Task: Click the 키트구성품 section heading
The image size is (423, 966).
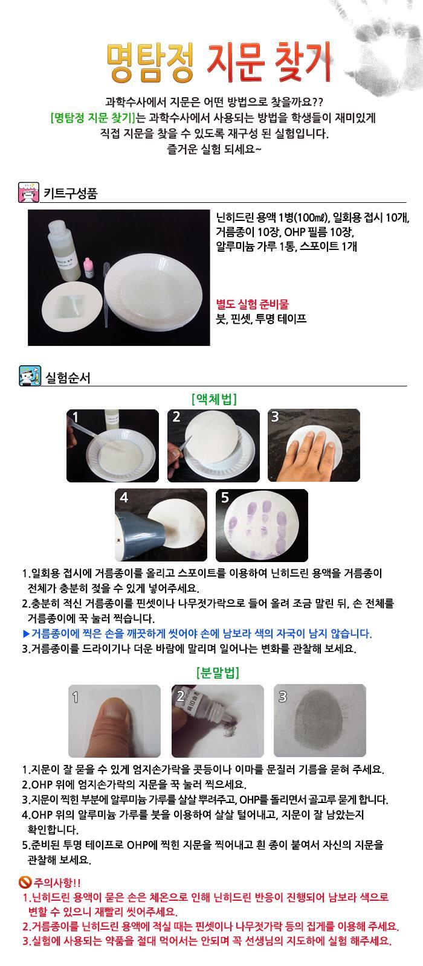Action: pos(70,193)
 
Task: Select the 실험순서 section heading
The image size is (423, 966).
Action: pos(68,378)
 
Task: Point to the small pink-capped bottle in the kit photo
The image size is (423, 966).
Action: pos(88,267)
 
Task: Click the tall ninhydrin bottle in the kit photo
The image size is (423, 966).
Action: pos(64,250)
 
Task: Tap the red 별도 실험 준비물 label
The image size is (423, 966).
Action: pos(252,304)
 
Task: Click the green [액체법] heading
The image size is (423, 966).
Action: pos(214,399)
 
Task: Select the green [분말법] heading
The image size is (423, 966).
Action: pos(218,673)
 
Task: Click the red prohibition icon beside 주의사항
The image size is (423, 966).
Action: pos(25,882)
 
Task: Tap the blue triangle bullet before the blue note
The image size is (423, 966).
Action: pos(26,633)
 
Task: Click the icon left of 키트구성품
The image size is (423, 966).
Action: pos(29,193)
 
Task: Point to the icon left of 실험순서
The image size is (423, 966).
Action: pos(30,376)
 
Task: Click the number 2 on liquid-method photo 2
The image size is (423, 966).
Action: pos(176,417)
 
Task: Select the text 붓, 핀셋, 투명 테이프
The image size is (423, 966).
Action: pos(261,319)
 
